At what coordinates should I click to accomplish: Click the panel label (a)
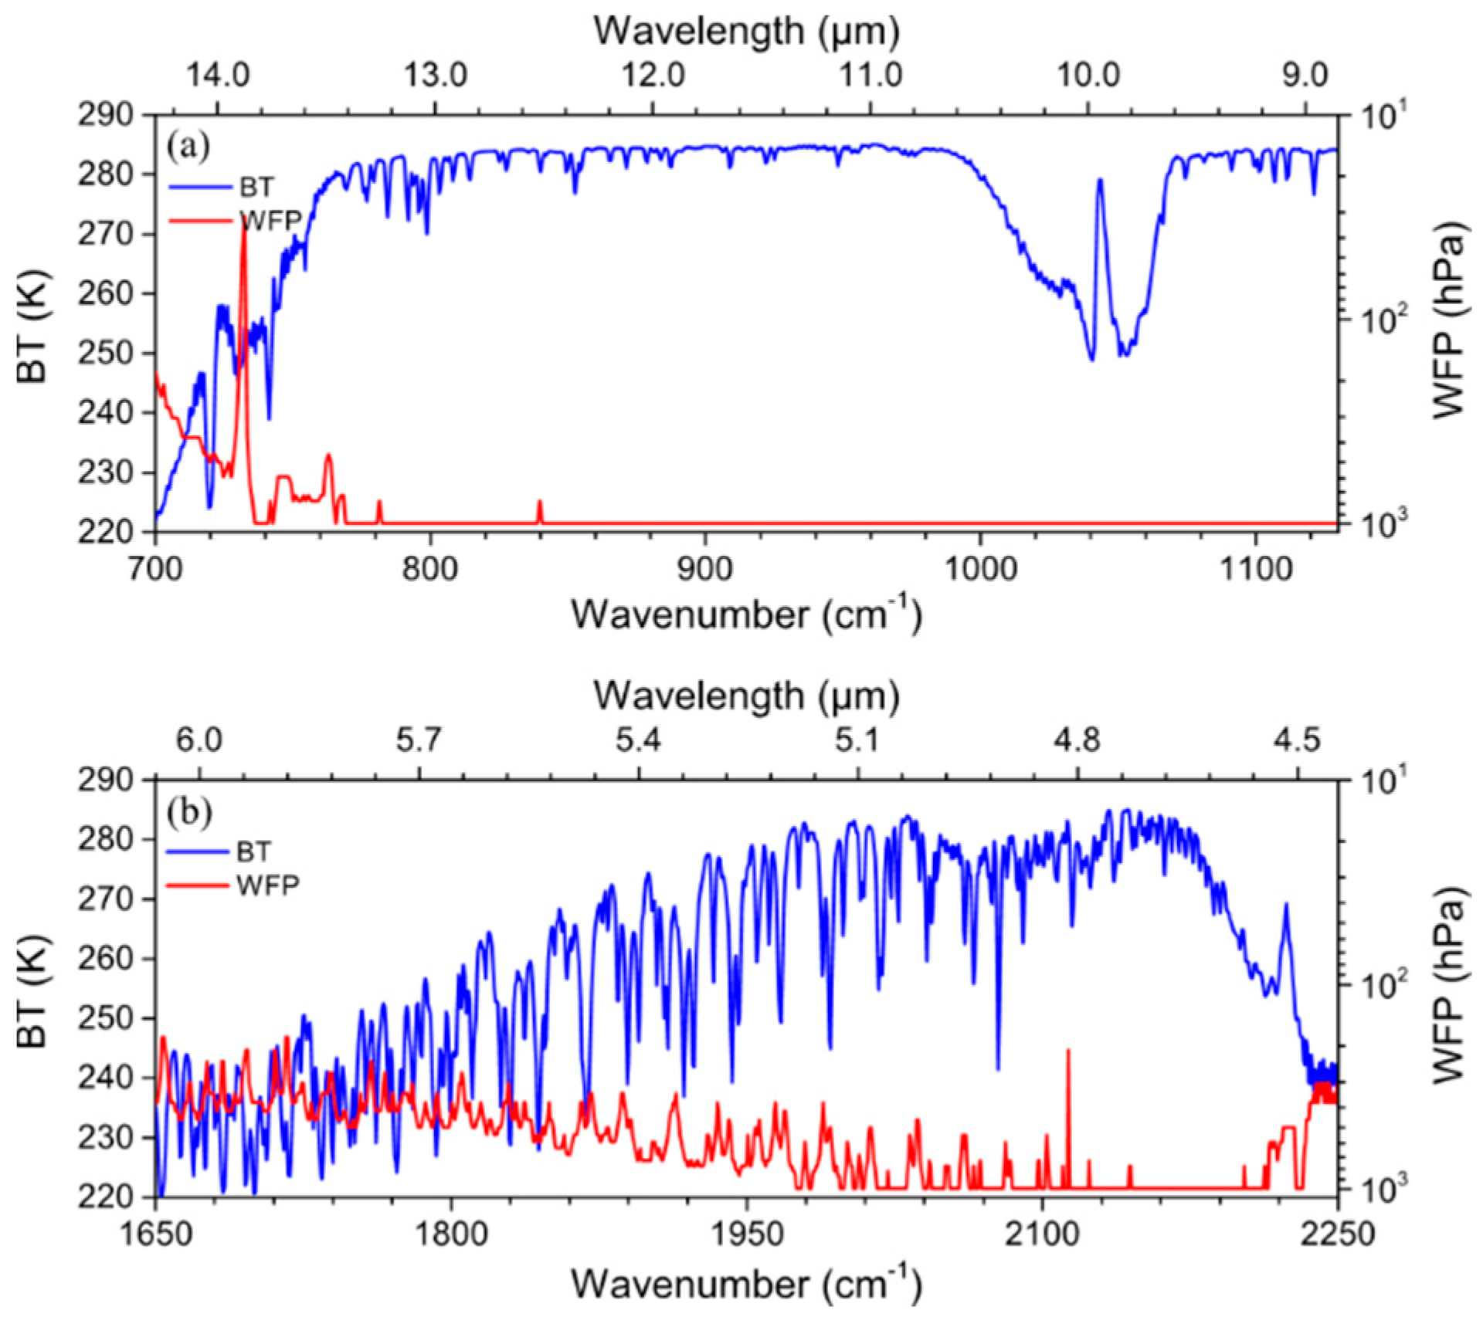pos(188,146)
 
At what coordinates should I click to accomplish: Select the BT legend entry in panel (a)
pos(256,187)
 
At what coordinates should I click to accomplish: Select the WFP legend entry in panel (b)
pos(267,885)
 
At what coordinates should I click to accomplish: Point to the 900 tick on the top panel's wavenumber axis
pos(704,569)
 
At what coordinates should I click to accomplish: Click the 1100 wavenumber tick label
pos(1255,569)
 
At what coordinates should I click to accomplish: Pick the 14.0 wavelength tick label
pos(219,76)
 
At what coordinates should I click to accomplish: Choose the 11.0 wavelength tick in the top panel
pos(870,76)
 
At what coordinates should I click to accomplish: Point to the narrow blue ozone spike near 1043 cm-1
pos(1099,181)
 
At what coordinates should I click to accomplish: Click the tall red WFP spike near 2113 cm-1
pos(1068,1051)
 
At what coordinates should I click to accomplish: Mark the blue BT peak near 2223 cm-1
pos(1286,905)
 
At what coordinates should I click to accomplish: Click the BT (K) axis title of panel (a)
pos(32,325)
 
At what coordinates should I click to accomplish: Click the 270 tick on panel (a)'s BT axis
pos(115,234)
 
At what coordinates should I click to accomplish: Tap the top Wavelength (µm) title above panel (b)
pos(746,696)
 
